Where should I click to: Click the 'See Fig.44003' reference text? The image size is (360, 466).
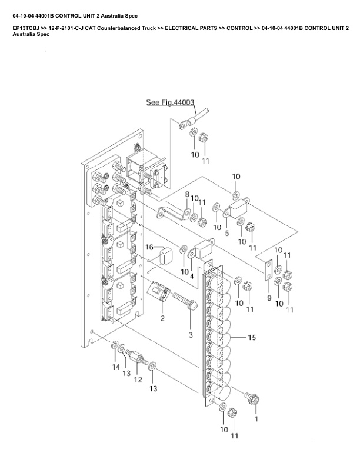point(170,102)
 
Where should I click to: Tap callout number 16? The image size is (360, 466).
point(149,247)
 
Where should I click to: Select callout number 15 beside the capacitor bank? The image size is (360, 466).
point(252,338)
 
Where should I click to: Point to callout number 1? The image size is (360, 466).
point(256,419)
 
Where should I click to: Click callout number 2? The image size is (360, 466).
point(162,318)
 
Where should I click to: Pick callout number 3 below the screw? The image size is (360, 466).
point(191,335)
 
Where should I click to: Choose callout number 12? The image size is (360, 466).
point(138,380)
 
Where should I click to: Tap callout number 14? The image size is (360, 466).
point(116,367)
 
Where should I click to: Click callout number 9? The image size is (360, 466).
point(269,298)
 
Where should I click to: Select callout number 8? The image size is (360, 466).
point(187,194)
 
